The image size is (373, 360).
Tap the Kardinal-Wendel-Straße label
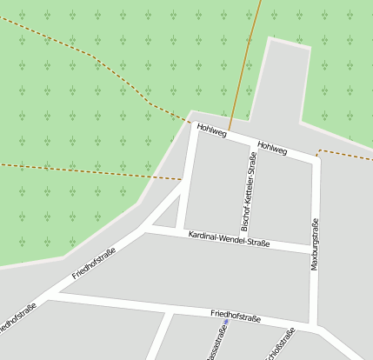[x=229, y=238]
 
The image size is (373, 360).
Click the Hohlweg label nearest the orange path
[x=211, y=130]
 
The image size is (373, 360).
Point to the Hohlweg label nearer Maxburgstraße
[x=272, y=148]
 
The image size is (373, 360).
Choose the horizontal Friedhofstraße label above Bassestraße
[x=235, y=316]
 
